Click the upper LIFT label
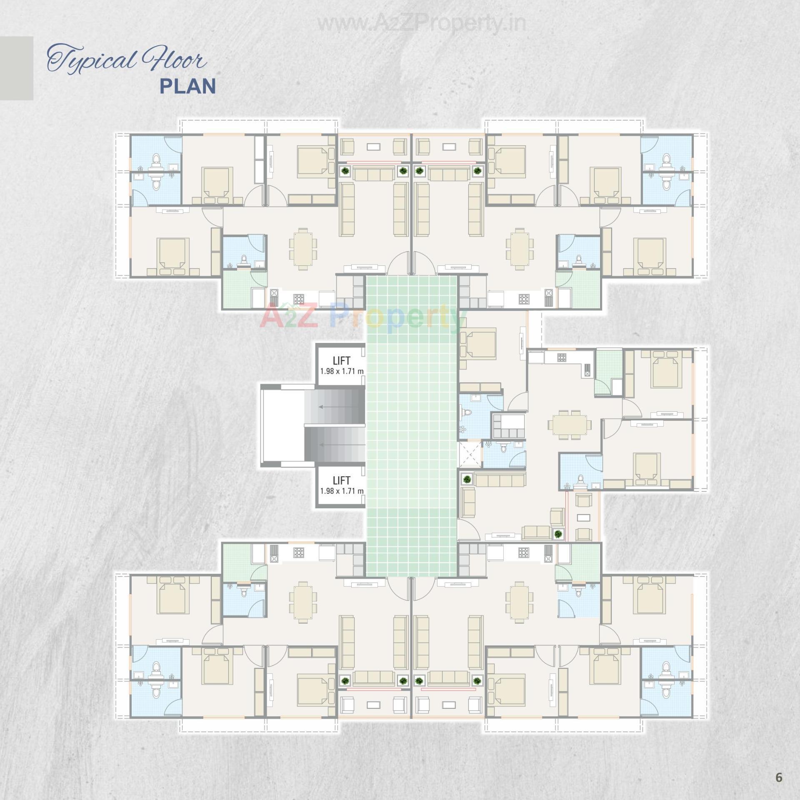pos(341,361)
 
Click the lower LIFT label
pos(341,480)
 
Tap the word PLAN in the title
pos(188,86)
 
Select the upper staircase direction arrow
pos(338,407)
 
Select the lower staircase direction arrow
pos(338,445)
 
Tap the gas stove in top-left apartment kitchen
pos(298,298)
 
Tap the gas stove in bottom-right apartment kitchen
pos(523,552)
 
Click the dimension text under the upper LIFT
pos(342,371)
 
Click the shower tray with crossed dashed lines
pos(470,454)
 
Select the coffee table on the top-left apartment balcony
pos(373,147)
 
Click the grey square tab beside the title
pos(17,68)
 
